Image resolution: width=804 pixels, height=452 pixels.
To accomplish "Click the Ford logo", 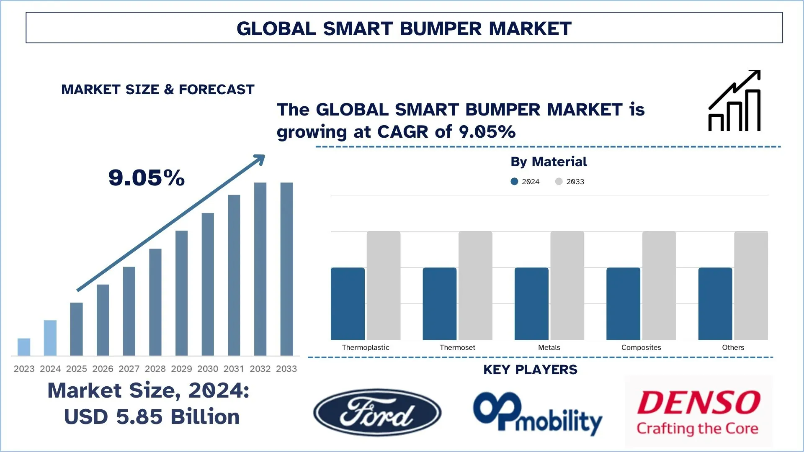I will click(x=377, y=412).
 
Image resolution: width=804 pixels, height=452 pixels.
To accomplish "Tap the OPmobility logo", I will click(x=537, y=413).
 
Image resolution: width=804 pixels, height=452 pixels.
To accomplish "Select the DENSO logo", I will click(x=698, y=411).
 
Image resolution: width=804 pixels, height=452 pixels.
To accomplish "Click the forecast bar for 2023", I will click(x=24, y=347).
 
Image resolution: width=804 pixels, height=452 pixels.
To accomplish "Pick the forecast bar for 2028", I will click(x=155, y=302).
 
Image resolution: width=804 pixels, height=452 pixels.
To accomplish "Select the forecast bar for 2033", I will click(x=287, y=269).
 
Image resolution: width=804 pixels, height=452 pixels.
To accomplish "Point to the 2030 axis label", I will click(x=208, y=369).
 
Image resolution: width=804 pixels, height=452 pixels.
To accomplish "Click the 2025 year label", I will click(x=76, y=369).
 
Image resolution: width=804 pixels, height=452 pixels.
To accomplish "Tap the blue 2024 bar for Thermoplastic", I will click(x=348, y=303).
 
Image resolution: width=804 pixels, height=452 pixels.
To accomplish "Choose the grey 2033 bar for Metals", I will click(x=567, y=285).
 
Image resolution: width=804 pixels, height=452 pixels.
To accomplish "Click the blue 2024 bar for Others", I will click(x=715, y=303).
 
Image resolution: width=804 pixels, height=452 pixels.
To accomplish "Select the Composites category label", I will click(x=641, y=347).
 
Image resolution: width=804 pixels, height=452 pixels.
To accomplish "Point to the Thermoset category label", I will click(x=457, y=347).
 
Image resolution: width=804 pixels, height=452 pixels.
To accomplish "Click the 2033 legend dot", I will click(x=559, y=181).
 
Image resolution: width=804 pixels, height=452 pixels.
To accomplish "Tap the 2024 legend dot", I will click(x=514, y=181).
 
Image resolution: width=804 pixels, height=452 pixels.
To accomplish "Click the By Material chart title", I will click(x=549, y=162).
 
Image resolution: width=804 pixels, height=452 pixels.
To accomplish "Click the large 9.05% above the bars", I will click(x=147, y=177).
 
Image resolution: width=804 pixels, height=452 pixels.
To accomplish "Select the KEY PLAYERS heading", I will click(x=530, y=370).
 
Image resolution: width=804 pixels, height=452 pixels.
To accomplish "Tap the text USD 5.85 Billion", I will click(x=152, y=417).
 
